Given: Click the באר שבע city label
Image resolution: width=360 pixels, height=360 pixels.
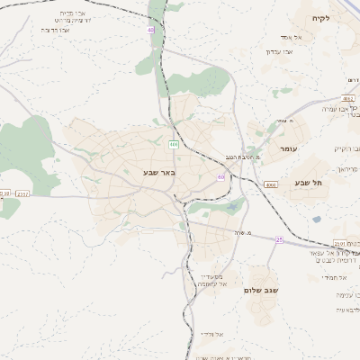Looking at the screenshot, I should click(x=158, y=171).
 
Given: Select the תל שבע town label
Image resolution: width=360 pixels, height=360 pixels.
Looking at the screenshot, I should click(x=309, y=183).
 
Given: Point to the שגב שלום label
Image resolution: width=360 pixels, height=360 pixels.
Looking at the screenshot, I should click(x=260, y=291).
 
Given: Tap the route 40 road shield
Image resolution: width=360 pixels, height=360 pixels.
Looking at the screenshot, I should click(x=150, y=30).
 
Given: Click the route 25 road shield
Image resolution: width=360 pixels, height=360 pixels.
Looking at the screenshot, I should click(x=279, y=239).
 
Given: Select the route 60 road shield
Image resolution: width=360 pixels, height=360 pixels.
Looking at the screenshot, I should click(x=220, y=177).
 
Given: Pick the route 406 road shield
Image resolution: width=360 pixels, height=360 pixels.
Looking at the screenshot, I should click(x=173, y=144).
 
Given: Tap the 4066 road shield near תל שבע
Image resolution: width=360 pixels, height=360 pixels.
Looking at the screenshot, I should click(x=271, y=184).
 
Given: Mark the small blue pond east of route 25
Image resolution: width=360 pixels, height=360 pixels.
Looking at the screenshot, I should click(x=316, y=219).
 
